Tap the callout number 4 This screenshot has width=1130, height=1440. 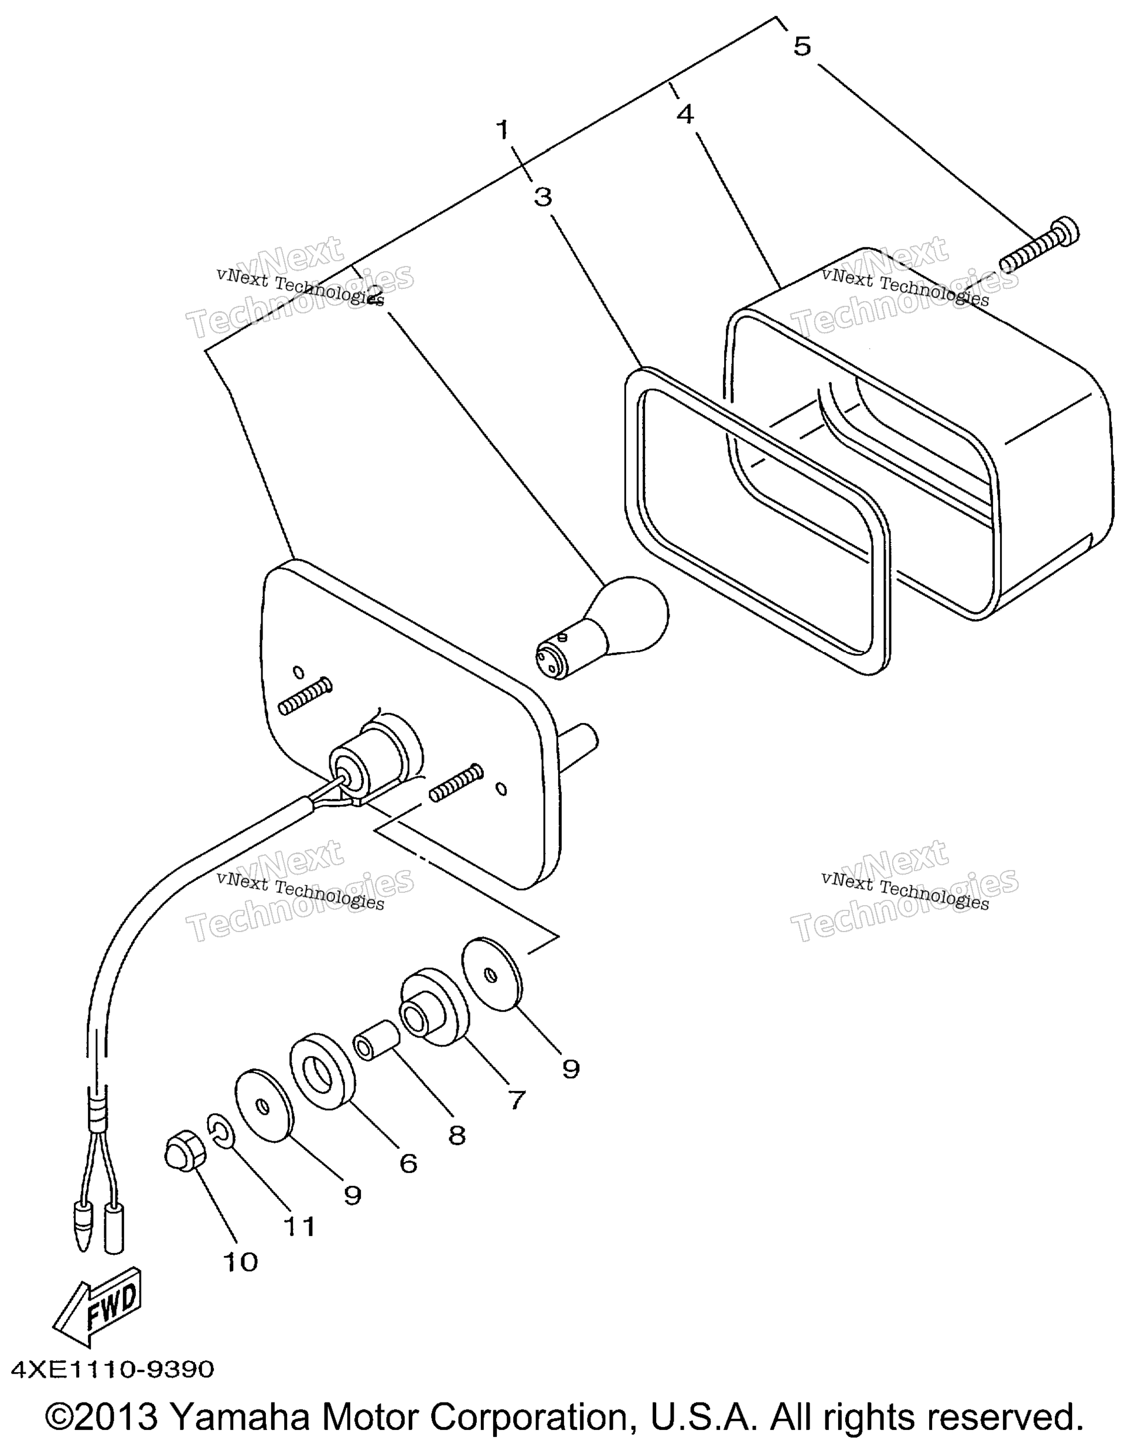click(685, 114)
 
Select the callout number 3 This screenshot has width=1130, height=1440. click(543, 196)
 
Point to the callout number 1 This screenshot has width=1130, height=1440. click(503, 129)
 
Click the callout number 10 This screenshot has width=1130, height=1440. click(240, 1262)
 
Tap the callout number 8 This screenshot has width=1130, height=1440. click(456, 1135)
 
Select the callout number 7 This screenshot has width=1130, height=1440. click(516, 1100)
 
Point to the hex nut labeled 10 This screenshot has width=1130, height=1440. click(185, 1155)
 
